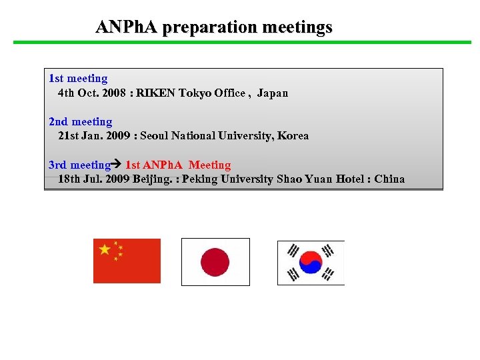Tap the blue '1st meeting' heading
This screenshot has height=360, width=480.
78,79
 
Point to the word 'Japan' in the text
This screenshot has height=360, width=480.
273,93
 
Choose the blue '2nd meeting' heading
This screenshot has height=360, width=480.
81,122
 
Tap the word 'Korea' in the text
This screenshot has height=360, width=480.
293,136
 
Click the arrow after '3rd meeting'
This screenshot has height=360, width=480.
117,165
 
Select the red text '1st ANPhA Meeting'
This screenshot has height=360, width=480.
178,165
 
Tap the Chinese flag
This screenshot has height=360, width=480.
127,261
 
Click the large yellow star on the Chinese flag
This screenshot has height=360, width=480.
105,249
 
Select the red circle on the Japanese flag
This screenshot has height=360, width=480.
215,262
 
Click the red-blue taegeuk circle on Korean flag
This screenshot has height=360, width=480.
311,262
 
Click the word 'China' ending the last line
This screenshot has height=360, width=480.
389,179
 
